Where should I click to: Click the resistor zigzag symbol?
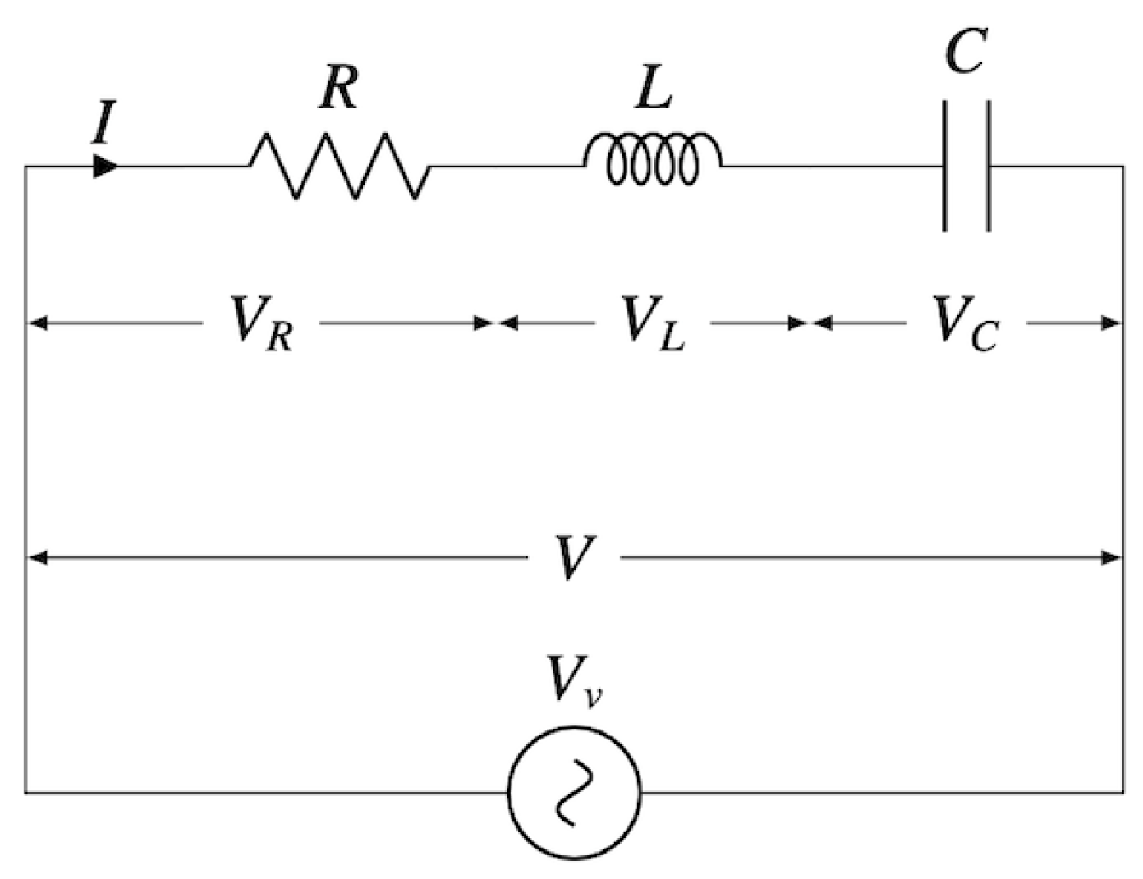[338, 166]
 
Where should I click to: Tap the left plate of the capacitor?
[945, 166]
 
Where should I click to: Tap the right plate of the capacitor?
[988, 166]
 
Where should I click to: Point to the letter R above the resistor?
[338, 88]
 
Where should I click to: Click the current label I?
[103, 123]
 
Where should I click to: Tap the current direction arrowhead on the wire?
[105, 166]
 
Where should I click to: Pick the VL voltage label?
[653, 323]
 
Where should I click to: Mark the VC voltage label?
[966, 323]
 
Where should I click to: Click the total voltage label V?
[572, 558]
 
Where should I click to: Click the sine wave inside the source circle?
[574, 792]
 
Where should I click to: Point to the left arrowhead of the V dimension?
[38, 558]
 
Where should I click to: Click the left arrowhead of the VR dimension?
[38, 323]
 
